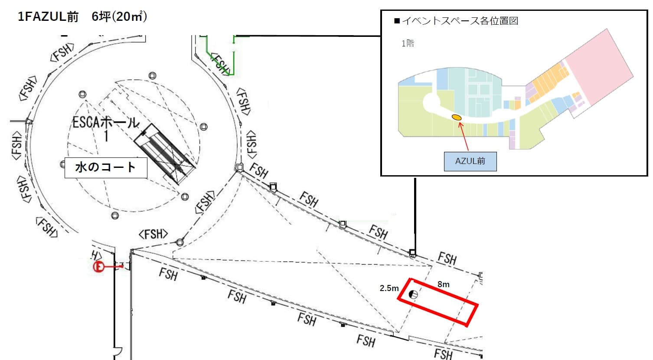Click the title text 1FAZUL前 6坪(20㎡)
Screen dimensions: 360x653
click(82, 17)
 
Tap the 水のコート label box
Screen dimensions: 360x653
click(106, 167)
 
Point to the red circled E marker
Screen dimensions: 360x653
click(98, 267)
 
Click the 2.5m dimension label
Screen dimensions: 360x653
click(389, 288)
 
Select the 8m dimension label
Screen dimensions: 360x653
click(443, 285)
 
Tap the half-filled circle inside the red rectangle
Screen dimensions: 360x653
click(414, 295)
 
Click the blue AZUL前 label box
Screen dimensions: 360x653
click(470, 161)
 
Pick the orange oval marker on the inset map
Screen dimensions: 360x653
click(456, 117)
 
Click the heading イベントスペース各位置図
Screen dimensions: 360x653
click(460, 21)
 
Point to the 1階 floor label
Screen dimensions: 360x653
click(408, 43)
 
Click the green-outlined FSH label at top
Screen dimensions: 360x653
click(221, 64)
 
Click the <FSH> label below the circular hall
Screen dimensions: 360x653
click(153, 234)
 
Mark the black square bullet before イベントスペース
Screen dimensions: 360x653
click(396, 21)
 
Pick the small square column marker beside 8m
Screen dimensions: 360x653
click(481, 275)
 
